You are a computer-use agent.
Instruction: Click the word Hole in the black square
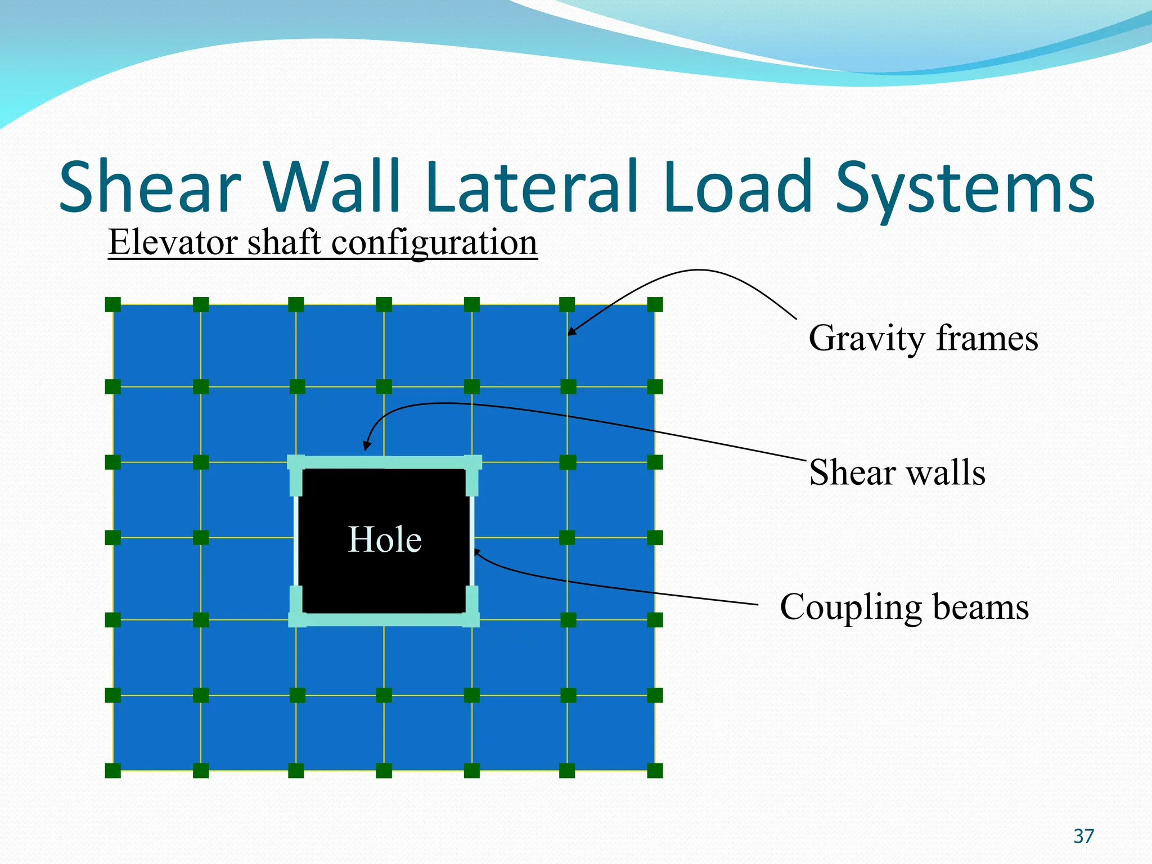(x=385, y=540)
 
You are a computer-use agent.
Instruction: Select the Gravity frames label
(x=923, y=339)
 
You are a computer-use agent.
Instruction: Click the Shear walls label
(x=897, y=472)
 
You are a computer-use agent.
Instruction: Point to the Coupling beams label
(x=904, y=607)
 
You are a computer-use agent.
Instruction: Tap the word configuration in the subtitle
(x=434, y=244)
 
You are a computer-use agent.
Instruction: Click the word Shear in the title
(x=150, y=187)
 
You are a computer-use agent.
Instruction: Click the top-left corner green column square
(x=113, y=305)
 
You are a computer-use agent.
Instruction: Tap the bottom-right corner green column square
(x=655, y=771)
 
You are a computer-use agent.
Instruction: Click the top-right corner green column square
(x=655, y=305)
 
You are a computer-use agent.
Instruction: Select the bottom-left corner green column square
(x=113, y=771)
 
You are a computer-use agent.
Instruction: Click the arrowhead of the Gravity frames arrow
(x=570, y=333)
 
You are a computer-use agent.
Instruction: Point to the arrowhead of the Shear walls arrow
(x=366, y=447)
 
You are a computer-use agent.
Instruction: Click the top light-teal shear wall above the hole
(x=384, y=462)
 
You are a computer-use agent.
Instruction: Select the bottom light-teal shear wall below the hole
(x=384, y=620)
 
